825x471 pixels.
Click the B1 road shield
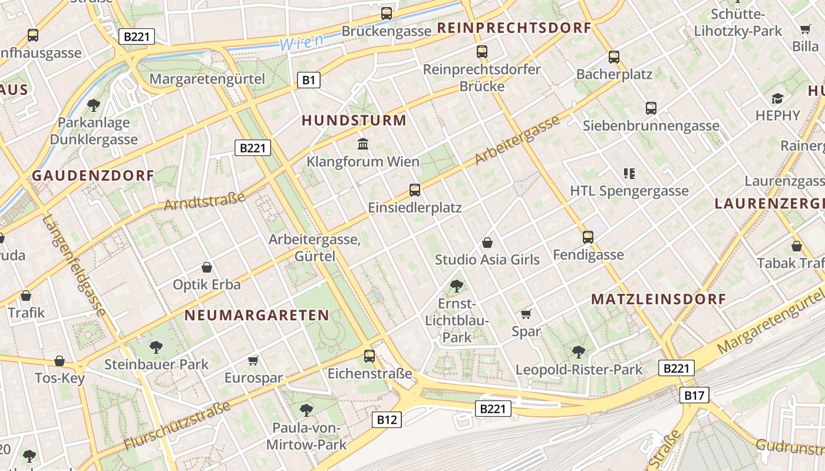point(309,80)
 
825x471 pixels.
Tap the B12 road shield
point(387,420)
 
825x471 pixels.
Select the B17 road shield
point(694,395)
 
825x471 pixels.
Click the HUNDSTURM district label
point(354,121)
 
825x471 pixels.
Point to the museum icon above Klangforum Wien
point(363,144)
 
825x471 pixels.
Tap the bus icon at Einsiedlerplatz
point(415,190)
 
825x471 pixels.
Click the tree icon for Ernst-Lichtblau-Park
point(456,287)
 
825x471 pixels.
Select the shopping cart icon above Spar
point(526,314)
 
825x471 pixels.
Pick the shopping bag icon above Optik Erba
point(206,267)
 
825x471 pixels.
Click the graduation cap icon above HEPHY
point(778,98)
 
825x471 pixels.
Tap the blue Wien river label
point(301,42)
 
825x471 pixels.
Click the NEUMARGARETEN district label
point(256,315)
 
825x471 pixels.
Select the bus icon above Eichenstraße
point(369,356)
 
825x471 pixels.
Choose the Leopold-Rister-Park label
point(579,370)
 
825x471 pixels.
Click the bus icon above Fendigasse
point(588,237)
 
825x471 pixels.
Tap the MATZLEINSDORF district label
point(659,299)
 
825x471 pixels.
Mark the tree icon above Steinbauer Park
point(156,347)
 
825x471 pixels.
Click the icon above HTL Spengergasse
point(629,173)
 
